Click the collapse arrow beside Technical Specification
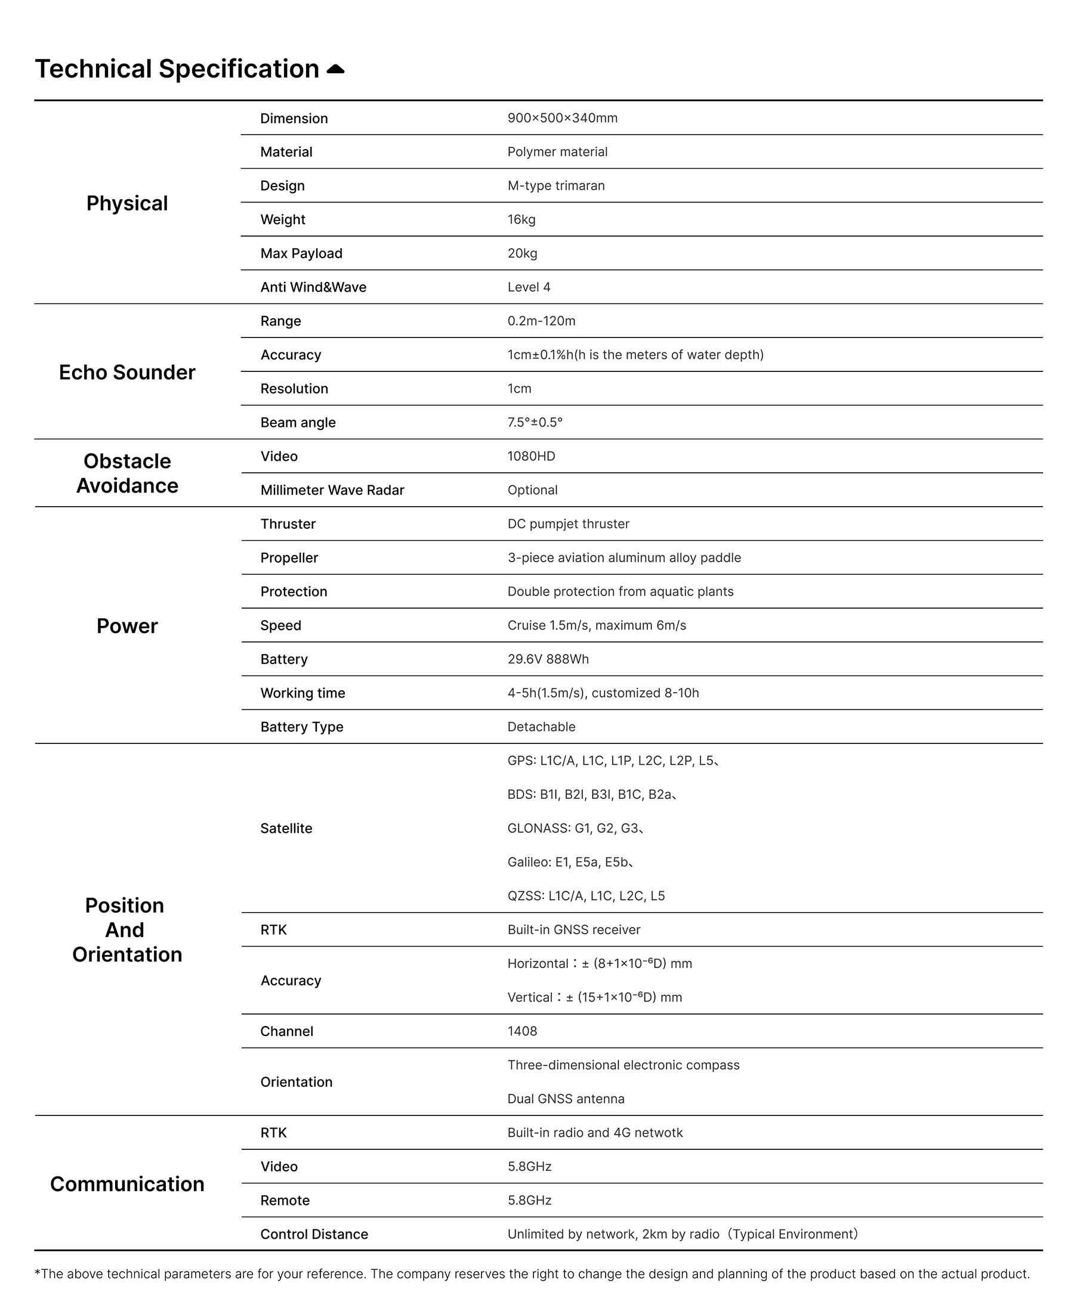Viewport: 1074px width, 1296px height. click(x=335, y=69)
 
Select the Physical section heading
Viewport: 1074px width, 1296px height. click(x=126, y=203)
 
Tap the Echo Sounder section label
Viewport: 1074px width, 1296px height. click(x=126, y=372)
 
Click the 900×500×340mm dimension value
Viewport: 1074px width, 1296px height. click(x=562, y=118)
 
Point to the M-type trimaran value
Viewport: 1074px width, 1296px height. click(x=556, y=186)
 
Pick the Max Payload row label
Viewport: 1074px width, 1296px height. click(x=301, y=253)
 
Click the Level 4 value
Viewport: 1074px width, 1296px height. click(x=529, y=287)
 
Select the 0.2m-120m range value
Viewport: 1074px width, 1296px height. click(x=541, y=321)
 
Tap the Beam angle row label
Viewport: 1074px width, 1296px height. click(x=298, y=423)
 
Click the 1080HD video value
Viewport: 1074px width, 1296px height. click(x=531, y=456)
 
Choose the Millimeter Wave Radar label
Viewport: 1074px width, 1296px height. click(x=332, y=490)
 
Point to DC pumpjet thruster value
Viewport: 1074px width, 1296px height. click(x=568, y=524)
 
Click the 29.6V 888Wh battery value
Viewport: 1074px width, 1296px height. click(x=548, y=659)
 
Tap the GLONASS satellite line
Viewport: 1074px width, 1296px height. click(x=575, y=828)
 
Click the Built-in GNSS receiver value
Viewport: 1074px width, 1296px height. click(x=574, y=929)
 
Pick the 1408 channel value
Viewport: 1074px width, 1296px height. click(x=522, y=1031)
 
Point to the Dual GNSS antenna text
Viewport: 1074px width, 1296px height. click(x=566, y=1099)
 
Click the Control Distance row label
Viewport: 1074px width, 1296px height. click(x=314, y=1234)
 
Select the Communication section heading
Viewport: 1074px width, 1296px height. click(x=126, y=1184)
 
